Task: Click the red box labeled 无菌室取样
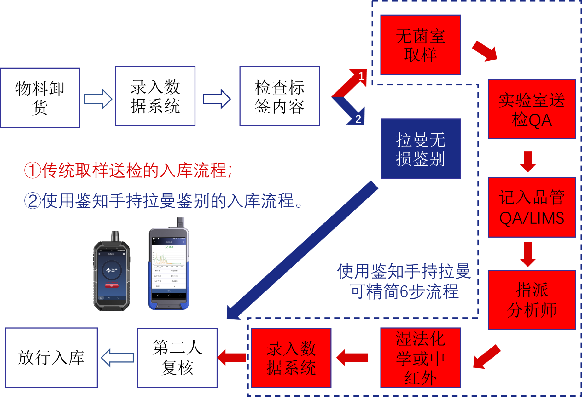click(x=420, y=45)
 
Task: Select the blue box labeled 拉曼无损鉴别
click(x=420, y=149)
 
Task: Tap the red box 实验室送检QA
click(x=532, y=109)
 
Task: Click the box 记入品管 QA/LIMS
click(x=532, y=207)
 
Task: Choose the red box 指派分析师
click(x=532, y=300)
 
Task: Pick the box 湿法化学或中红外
click(x=420, y=358)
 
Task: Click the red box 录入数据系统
click(x=291, y=358)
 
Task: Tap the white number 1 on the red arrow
click(x=361, y=76)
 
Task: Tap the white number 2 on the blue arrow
click(x=358, y=119)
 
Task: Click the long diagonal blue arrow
click(x=303, y=250)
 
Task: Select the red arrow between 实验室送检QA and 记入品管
click(x=528, y=161)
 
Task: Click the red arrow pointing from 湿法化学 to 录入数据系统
click(x=352, y=358)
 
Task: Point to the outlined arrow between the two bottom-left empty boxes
click(x=117, y=358)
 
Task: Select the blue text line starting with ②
click(x=164, y=201)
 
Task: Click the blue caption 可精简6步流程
click(x=404, y=291)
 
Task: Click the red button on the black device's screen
click(x=112, y=286)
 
